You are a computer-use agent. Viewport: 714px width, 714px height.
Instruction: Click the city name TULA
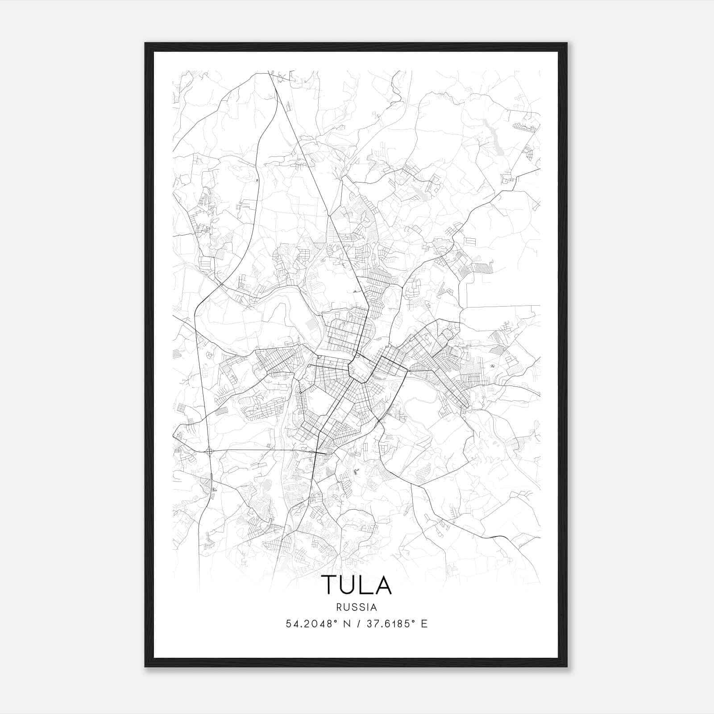356,585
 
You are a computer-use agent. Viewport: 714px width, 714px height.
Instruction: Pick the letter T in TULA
329,585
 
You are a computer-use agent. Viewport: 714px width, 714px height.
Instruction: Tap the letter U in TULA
349,585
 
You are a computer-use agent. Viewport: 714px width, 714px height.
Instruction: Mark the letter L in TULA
366,585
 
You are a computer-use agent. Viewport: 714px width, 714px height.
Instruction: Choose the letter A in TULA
383,585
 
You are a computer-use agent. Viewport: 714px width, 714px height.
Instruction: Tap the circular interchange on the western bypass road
209,452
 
